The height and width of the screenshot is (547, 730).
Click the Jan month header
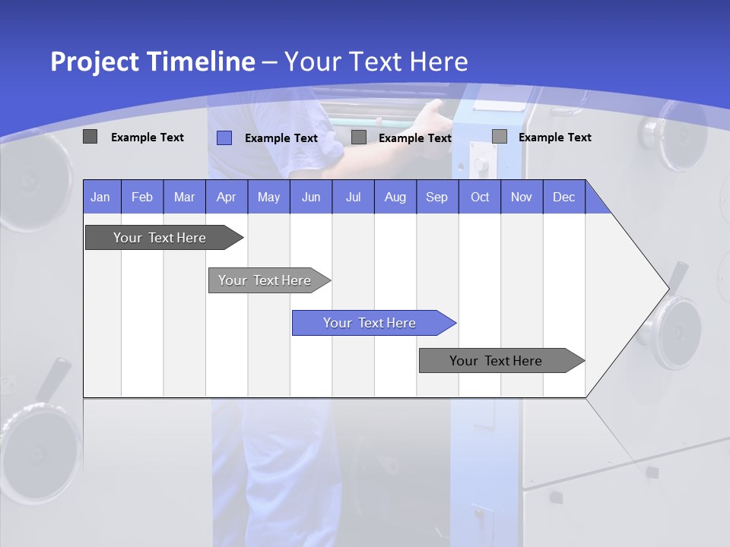[x=101, y=198]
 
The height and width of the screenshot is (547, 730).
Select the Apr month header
[x=226, y=198]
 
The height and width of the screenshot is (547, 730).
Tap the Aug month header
[x=395, y=198]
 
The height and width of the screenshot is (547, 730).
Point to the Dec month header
[x=563, y=198]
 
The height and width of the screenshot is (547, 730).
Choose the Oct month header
[x=479, y=198]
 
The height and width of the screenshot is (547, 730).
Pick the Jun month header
[x=310, y=198]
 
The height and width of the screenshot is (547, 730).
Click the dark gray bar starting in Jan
[x=160, y=238]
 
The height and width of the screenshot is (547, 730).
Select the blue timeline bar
[x=370, y=323]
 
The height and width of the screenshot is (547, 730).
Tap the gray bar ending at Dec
[x=496, y=361]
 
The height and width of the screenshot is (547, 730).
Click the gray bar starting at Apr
[x=265, y=280]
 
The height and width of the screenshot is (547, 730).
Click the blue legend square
[x=224, y=138]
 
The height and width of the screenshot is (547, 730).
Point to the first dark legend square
[x=90, y=137]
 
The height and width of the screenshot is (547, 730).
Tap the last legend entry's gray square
[x=500, y=137]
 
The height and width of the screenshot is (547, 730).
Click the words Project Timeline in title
[x=152, y=62]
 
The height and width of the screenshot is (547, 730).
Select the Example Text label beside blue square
[x=281, y=138]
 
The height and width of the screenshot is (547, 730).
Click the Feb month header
[x=142, y=198]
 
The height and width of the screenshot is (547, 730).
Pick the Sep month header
[x=436, y=198]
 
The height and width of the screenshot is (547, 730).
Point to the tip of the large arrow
[x=667, y=288]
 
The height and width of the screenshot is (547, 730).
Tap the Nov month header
[x=521, y=198]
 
